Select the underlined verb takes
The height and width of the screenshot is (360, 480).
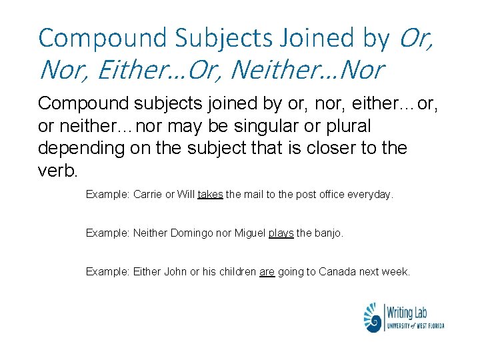(x=210, y=195)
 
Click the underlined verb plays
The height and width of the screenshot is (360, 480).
(x=281, y=233)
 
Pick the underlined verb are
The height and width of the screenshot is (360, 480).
(x=267, y=271)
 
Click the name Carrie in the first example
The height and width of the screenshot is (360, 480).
(x=147, y=195)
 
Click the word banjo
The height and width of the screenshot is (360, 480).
(x=328, y=233)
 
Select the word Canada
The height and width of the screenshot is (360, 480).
(x=337, y=271)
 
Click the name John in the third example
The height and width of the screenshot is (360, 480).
(x=175, y=271)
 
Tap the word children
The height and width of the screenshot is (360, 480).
(x=236, y=271)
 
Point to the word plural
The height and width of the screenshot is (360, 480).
(x=347, y=126)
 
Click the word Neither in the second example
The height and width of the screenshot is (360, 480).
(x=150, y=233)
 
